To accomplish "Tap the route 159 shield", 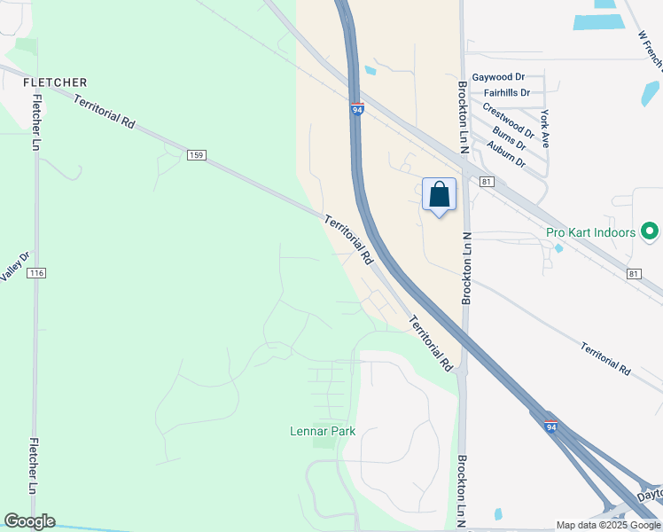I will (x=197, y=155).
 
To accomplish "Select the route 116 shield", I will (x=35, y=273).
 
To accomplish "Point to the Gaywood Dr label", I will (x=499, y=78).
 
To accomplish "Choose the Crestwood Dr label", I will (x=508, y=121).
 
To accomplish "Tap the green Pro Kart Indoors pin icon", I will (x=650, y=231).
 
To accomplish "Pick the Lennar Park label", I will (x=323, y=432).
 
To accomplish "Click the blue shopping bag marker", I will (x=439, y=195).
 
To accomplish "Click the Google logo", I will (x=29, y=521).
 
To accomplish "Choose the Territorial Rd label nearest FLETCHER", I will (x=104, y=113).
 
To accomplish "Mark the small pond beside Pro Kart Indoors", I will (x=558, y=248).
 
